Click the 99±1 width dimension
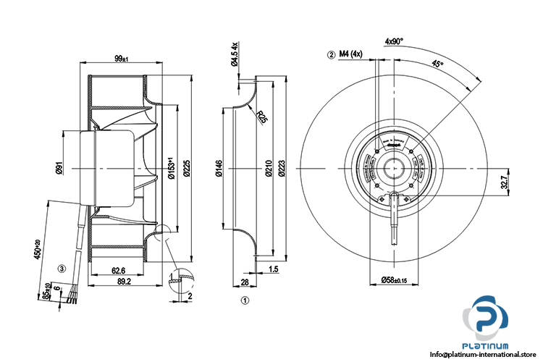(120, 57)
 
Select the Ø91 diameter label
(58, 171)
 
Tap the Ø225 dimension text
(186, 168)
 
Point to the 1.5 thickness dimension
(274, 269)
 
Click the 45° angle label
(437, 64)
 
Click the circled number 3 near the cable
(62, 267)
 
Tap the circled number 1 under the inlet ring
(245, 298)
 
